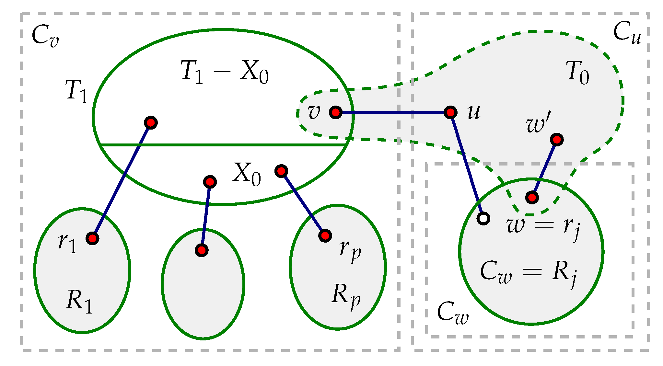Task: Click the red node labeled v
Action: click(336, 112)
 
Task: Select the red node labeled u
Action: click(450, 112)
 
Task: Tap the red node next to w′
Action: click(557, 140)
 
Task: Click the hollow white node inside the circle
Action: click(483, 219)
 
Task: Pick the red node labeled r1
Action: click(93, 238)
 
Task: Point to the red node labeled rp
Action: click(325, 235)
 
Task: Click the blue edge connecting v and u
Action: click(393, 112)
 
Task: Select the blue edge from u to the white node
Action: click(467, 165)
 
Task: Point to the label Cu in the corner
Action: click(627, 33)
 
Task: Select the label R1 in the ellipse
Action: click(79, 301)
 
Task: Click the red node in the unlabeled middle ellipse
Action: click(202, 250)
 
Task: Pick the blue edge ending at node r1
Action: click(122, 180)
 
